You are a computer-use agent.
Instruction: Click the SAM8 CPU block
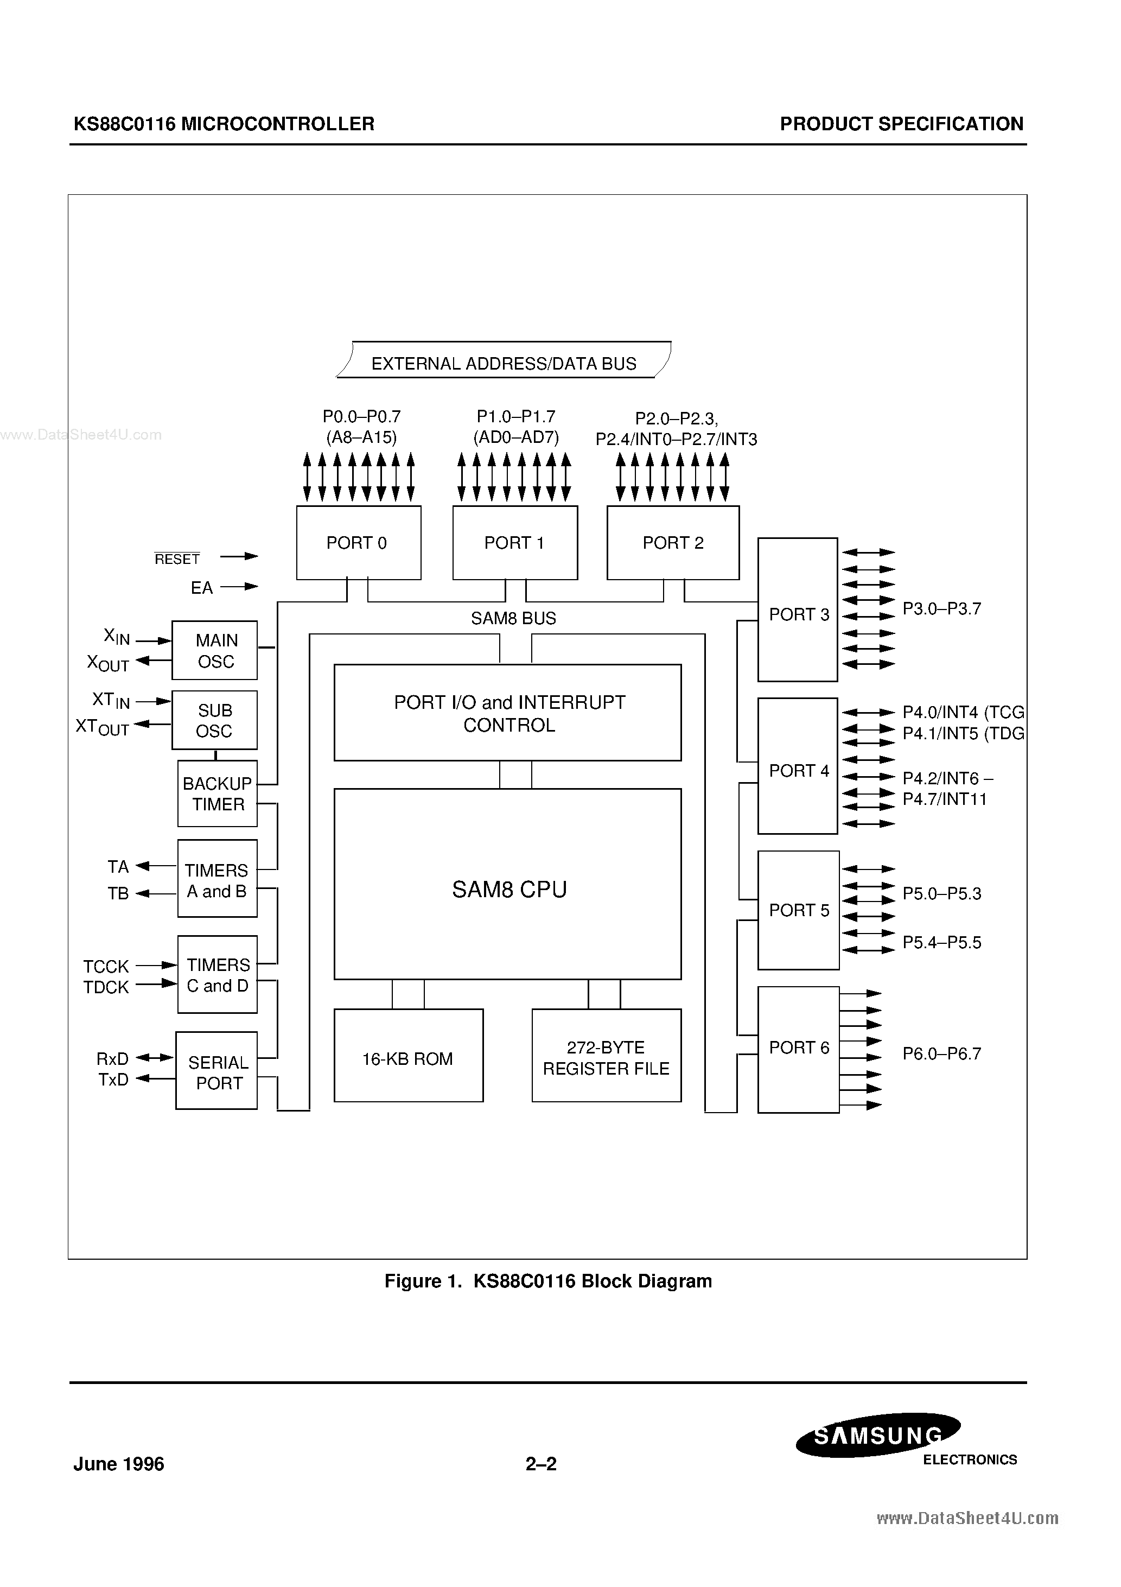pyautogui.click(x=508, y=884)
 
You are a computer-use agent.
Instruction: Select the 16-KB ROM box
pyautogui.click(x=408, y=1056)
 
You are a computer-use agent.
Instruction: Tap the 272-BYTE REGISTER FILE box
pyautogui.click(x=606, y=1056)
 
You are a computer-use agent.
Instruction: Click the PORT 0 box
pyautogui.click(x=358, y=543)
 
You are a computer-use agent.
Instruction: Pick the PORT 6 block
pyautogui.click(x=798, y=1049)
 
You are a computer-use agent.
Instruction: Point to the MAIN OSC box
pyautogui.click(x=215, y=650)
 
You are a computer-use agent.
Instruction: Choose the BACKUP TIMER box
pyautogui.click(x=217, y=793)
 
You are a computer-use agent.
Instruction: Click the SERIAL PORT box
pyautogui.click(x=216, y=1071)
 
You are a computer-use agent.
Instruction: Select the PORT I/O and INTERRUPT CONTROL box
pyautogui.click(x=508, y=713)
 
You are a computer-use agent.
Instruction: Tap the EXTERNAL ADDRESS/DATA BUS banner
pyautogui.click(x=504, y=361)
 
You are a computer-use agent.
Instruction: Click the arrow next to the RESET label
pyautogui.click(x=239, y=556)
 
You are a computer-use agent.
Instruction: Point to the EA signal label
pyautogui.click(x=202, y=587)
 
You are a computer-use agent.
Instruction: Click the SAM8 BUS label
pyautogui.click(x=513, y=618)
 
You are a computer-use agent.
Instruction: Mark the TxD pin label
pyautogui.click(x=113, y=1080)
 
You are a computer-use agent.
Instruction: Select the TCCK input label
pyautogui.click(x=106, y=966)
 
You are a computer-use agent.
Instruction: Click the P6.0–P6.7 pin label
pyautogui.click(x=941, y=1053)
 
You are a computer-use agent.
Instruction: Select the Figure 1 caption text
pyautogui.click(x=548, y=1281)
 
